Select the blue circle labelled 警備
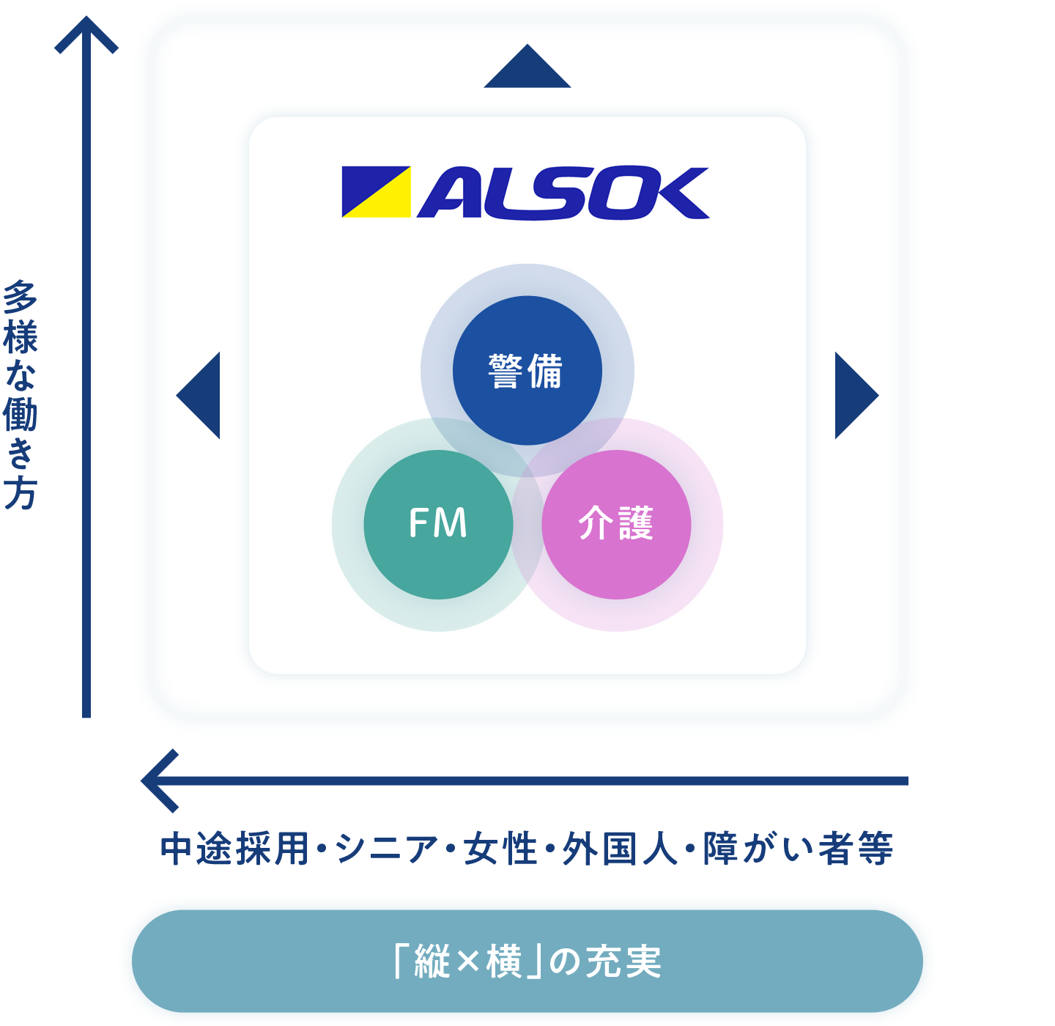(x=527, y=371)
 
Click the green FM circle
(x=438, y=525)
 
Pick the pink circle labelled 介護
(x=616, y=525)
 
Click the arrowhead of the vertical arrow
(x=86, y=33)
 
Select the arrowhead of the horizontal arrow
(x=158, y=780)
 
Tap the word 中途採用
(x=235, y=849)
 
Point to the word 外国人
(x=620, y=849)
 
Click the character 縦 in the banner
(x=432, y=962)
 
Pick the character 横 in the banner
(x=504, y=962)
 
